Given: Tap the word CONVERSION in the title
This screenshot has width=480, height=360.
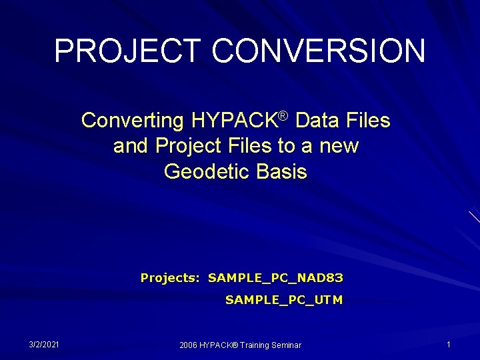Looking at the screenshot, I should pyautogui.click(x=319, y=51).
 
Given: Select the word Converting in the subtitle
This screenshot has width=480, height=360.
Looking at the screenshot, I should pyautogui.click(x=132, y=121).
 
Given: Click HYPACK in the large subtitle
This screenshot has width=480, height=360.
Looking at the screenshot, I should pyautogui.click(x=233, y=121).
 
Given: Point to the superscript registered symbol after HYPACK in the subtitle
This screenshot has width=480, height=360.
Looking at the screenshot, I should pyautogui.click(x=283, y=116).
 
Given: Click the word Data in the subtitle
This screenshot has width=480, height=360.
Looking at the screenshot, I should pyautogui.click(x=315, y=121).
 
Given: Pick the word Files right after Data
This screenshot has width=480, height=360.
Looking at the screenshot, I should pyautogui.click(x=365, y=121).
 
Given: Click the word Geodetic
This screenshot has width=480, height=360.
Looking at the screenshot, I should pyautogui.click(x=206, y=171).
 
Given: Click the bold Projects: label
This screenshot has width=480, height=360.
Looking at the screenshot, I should pyautogui.click(x=170, y=277).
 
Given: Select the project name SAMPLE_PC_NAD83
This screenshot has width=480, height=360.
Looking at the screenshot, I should pyautogui.click(x=275, y=277).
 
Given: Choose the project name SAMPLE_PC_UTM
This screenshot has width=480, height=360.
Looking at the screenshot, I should pyautogui.click(x=284, y=300).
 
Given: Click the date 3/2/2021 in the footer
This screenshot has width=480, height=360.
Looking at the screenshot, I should pyautogui.click(x=44, y=344).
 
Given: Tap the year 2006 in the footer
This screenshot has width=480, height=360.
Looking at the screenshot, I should pyautogui.click(x=189, y=345).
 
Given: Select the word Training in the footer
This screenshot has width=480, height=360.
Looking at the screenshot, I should pyautogui.click(x=256, y=345).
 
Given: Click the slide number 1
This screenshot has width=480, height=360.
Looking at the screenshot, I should pyautogui.click(x=449, y=344).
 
